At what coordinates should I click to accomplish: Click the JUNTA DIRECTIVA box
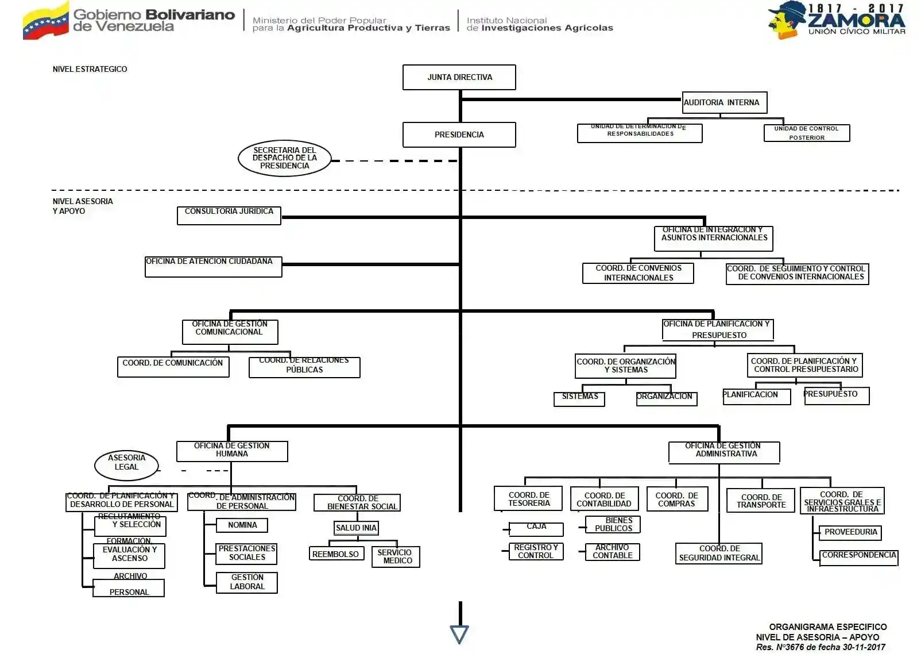pos(459,77)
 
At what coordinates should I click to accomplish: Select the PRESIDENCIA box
pos(459,135)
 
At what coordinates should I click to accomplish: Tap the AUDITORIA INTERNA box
pos(724,102)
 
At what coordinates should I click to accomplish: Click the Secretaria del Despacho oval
pos(285,158)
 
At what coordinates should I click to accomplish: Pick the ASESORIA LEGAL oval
pos(126,464)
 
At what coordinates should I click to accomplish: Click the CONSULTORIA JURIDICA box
pos(229,215)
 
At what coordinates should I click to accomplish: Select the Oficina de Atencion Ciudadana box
pos(213,267)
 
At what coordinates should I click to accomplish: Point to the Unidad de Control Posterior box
pos(806,133)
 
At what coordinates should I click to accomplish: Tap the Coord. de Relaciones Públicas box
pos(304,367)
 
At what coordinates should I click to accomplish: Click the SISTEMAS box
pos(579,398)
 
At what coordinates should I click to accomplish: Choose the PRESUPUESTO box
pos(836,395)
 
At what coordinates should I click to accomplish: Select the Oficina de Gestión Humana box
pos(232,451)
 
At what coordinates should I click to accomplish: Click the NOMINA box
pos(242,525)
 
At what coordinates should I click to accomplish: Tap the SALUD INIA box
pos(356,528)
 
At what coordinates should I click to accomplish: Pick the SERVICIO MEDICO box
pos(396,556)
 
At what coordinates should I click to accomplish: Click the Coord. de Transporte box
pos(761,501)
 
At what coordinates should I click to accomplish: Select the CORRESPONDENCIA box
pos(858,557)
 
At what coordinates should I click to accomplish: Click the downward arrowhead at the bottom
pos(459,634)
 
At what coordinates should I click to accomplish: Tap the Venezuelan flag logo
pos(45,22)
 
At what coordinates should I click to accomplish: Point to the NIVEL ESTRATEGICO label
pos(90,69)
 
